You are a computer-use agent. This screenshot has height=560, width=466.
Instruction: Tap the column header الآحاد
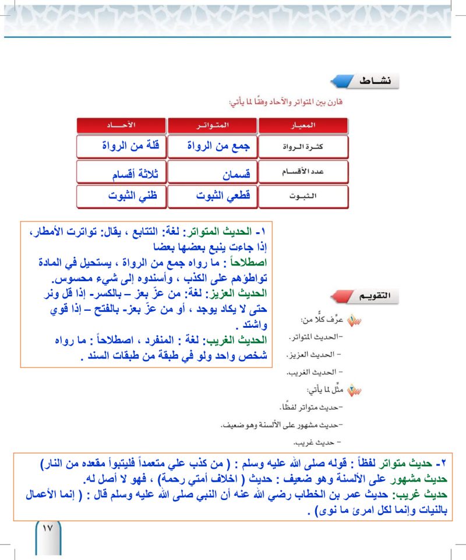point(121,125)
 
